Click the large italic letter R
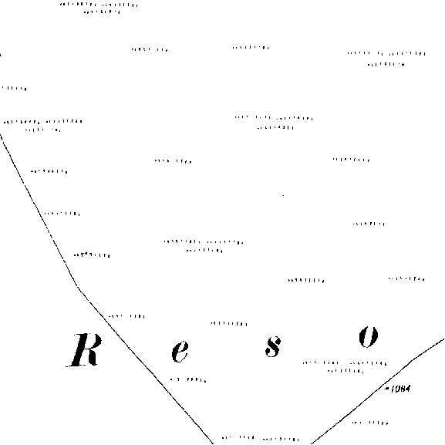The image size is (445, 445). tap(84, 350)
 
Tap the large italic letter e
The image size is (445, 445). tap(180, 352)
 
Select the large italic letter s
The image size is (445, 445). tap(273, 346)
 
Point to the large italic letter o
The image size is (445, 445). tap(369, 337)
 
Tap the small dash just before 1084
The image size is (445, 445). tap(387, 388)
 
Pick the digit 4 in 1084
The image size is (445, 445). tap(407, 389)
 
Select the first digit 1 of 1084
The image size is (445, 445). tap(393, 389)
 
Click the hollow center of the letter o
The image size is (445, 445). tap(369, 337)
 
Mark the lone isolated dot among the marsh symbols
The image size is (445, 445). tap(283, 195)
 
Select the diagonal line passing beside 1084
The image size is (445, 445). tap(377, 391)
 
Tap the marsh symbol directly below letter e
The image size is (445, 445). tap(188, 379)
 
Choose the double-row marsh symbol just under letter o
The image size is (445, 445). tap(345, 366)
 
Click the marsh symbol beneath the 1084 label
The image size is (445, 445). tap(370, 423)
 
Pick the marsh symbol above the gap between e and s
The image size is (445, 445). tap(229, 324)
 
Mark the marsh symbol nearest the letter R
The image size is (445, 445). tap(126, 316)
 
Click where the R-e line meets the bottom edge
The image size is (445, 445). tap(213, 444)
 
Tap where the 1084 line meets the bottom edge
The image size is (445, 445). tap(312, 444)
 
